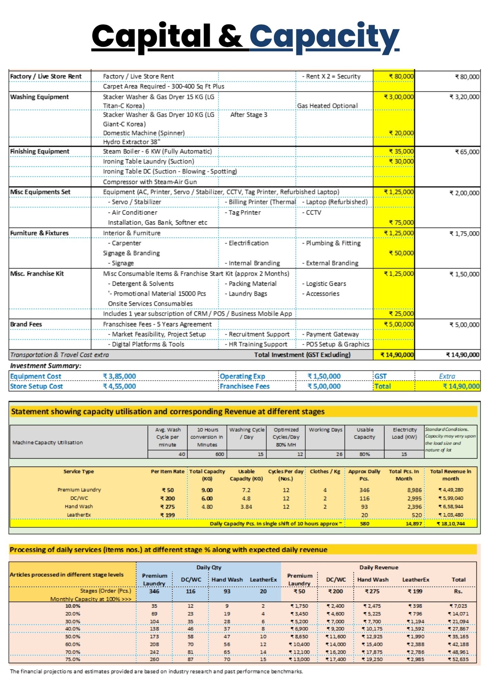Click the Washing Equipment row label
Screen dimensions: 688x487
click(39, 97)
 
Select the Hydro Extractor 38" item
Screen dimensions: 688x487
click(132, 142)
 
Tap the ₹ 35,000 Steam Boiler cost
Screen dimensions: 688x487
click(401, 151)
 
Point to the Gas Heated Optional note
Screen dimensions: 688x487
click(327, 106)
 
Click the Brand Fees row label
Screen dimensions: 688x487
click(26, 324)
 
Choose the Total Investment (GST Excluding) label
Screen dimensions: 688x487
click(302, 355)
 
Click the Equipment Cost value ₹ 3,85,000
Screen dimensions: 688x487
click(119, 376)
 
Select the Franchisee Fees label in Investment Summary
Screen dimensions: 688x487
click(245, 386)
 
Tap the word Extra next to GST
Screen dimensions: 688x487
click(447, 376)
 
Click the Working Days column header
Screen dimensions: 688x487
click(325, 430)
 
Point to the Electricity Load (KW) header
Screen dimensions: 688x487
click(404, 433)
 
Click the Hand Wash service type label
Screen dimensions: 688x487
click(79, 506)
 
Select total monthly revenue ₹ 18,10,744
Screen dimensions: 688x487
click(451, 524)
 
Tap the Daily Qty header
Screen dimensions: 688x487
click(209, 567)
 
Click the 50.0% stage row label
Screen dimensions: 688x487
click(73, 636)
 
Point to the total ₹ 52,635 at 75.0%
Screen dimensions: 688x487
click(458, 659)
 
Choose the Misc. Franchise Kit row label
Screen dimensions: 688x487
click(37, 274)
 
